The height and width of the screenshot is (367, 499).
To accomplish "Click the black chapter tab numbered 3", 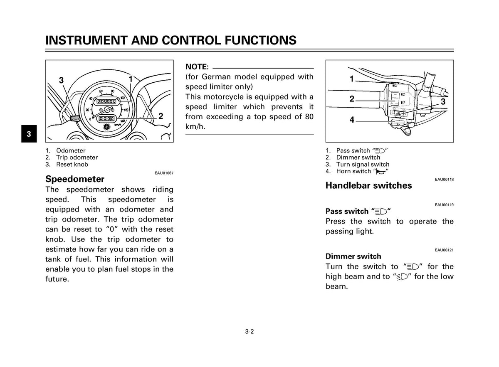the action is coord(29,133).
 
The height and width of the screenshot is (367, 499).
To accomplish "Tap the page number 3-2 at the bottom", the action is coord(249,332).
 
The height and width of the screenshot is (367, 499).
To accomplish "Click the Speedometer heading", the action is coord(75,179).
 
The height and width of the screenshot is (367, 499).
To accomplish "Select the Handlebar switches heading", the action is coord(369,185).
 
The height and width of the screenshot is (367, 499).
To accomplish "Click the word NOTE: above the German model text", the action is coord(197,67).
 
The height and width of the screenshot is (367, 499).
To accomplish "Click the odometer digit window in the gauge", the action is coord(106,101).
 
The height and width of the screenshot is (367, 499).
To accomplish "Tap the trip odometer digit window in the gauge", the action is coord(105,118).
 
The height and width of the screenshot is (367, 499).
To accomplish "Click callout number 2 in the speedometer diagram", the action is coord(161,116).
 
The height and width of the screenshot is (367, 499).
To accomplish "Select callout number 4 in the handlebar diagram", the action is coord(352,120).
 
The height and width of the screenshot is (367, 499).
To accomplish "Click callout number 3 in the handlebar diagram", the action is coord(443,101).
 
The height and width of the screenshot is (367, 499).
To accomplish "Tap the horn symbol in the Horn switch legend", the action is coord(381,172).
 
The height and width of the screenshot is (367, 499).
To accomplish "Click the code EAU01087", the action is coord(164,173).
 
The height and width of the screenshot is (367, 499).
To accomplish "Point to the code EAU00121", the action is coord(445,250).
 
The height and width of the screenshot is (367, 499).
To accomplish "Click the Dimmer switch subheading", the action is coord(353,256).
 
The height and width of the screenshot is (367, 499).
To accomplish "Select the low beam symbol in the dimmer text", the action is coord(402,277).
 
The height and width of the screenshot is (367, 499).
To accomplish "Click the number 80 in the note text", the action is coord(309,117).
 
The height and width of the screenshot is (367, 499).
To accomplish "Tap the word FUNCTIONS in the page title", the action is coord(261,40).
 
